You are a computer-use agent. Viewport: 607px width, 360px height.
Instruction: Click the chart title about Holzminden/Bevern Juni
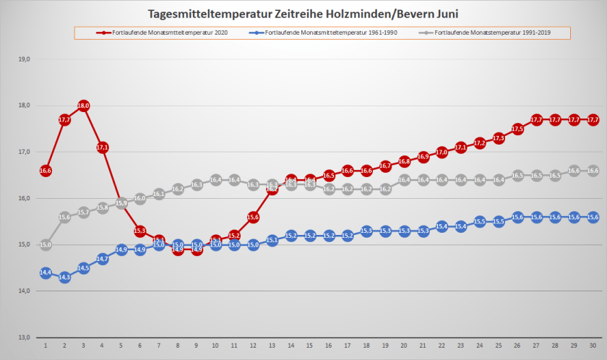[x=303, y=14]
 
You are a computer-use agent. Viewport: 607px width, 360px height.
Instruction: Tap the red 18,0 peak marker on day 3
[x=83, y=106]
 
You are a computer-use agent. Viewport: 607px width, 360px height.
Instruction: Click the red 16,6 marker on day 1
[x=45, y=171]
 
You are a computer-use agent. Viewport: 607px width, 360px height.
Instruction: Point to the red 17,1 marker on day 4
[x=102, y=147]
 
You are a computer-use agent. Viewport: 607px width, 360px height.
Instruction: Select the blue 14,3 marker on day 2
[x=64, y=277]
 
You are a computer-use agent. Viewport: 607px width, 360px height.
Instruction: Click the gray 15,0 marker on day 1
[x=45, y=245]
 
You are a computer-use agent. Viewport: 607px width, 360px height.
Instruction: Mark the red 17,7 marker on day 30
[x=593, y=119]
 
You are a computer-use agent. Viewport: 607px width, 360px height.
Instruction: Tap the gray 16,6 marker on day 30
[x=593, y=171]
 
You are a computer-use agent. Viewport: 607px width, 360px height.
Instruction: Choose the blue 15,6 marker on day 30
[x=593, y=217]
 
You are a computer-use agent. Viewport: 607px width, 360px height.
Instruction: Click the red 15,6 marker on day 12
[x=253, y=217]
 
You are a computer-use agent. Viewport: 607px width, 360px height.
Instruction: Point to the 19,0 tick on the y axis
[x=25, y=59]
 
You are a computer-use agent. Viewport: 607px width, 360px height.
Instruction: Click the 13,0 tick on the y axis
[x=25, y=338]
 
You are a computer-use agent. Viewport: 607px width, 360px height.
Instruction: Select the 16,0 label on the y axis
[x=25, y=198]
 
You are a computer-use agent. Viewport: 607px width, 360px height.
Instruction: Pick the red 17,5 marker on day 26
[x=517, y=129]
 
